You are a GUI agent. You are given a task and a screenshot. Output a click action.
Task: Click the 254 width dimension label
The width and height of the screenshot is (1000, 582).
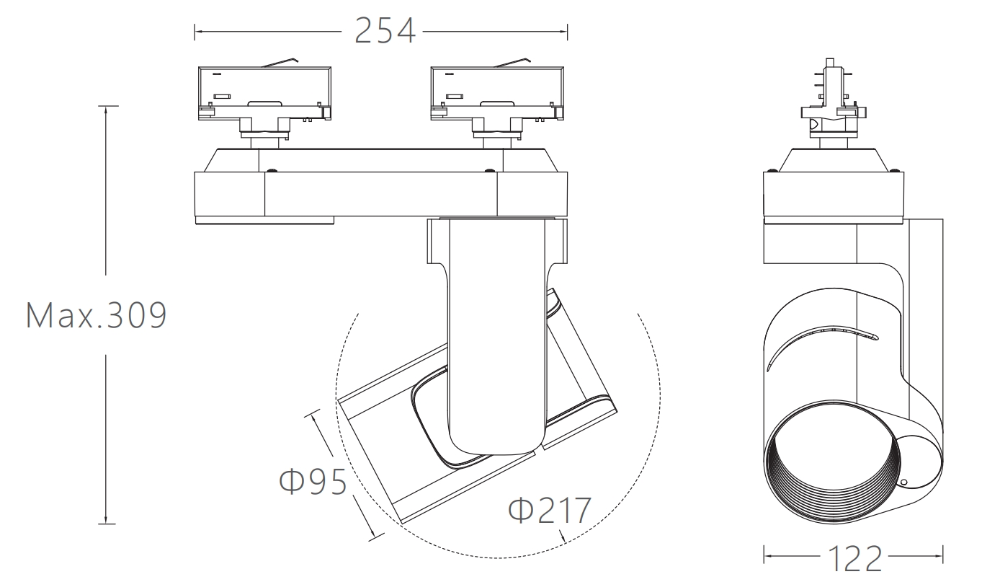tap(385, 31)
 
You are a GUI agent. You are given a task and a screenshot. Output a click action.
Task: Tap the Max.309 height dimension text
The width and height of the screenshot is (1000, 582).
tap(96, 315)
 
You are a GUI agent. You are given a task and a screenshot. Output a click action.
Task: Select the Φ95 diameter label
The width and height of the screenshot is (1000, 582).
tap(313, 481)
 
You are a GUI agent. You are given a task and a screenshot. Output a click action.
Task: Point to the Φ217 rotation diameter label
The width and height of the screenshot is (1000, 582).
tap(550, 510)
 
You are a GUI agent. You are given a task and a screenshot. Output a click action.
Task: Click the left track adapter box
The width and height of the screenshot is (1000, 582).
tap(264, 93)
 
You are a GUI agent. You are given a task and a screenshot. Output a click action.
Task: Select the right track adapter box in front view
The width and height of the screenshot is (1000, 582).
tap(497, 93)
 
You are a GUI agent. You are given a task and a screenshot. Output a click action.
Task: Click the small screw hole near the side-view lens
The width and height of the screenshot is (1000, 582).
tap(904, 482)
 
